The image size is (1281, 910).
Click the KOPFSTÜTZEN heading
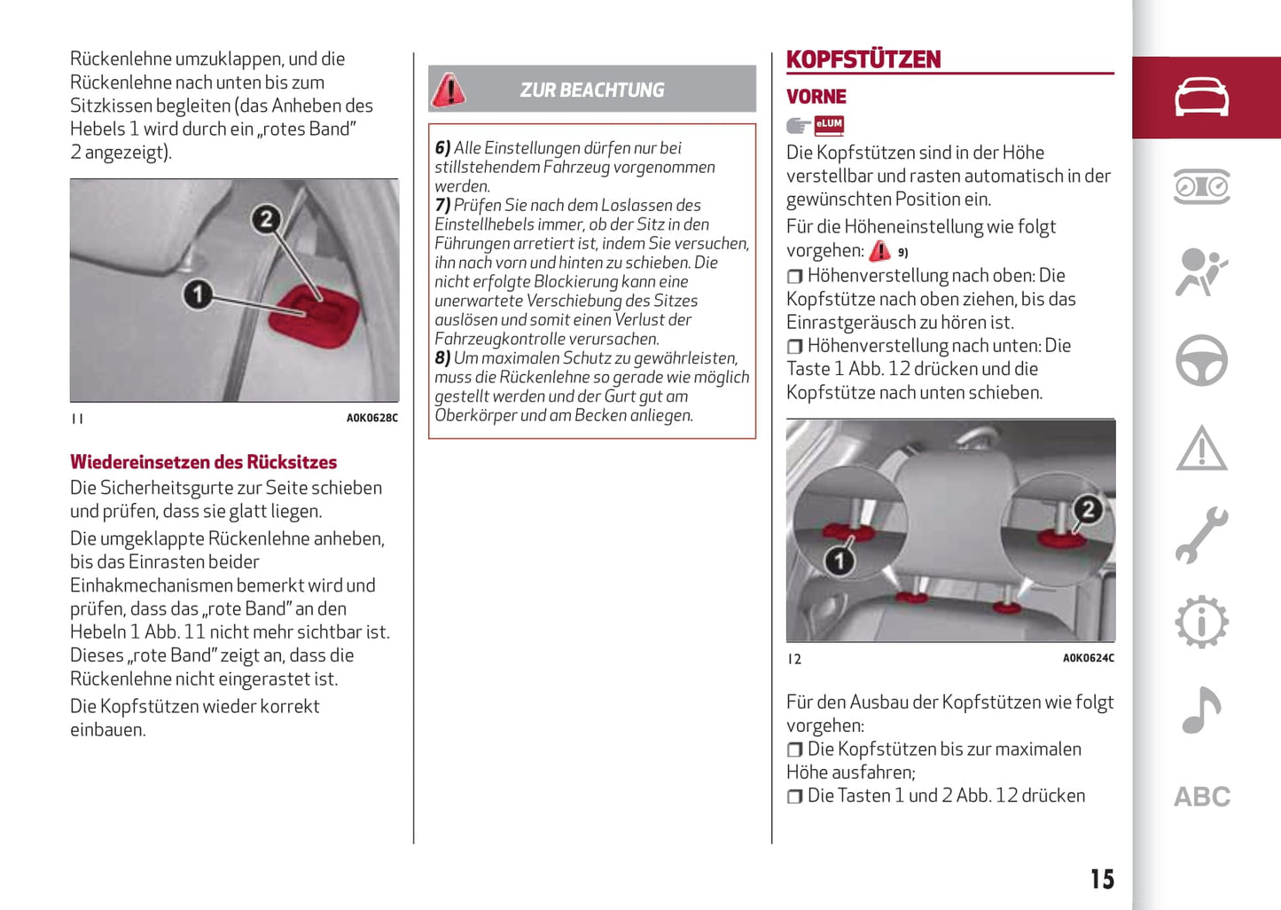point(863,59)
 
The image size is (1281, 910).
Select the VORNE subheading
point(816,97)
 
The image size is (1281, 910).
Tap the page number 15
point(1102,879)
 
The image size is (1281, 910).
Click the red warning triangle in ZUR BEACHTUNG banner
point(449,90)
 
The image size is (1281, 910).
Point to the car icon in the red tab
point(1201,97)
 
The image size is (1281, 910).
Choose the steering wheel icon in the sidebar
point(1201,361)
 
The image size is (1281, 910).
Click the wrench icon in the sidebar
point(1201,535)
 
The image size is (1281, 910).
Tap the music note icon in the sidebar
point(1201,710)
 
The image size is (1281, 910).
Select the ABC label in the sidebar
point(1201,796)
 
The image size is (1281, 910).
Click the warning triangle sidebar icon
point(1201,448)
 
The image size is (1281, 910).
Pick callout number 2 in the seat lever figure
point(265,219)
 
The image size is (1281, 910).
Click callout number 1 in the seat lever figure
point(198,294)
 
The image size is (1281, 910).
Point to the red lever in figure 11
point(315,311)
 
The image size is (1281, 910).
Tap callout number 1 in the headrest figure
point(838,561)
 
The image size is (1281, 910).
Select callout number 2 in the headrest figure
point(1088,509)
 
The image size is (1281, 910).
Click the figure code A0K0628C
point(371,418)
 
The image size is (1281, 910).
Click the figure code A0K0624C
point(1088,658)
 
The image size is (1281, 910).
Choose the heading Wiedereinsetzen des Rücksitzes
point(203,462)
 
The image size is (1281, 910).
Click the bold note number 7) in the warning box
point(442,205)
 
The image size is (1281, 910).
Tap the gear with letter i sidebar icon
point(1201,622)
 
